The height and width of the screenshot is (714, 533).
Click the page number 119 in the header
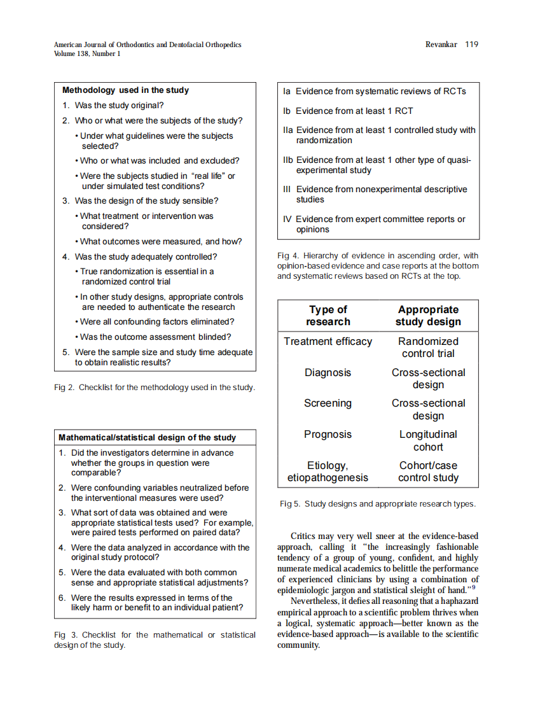pyautogui.click(x=471, y=45)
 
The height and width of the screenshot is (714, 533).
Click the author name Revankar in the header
pyautogui.click(x=441, y=45)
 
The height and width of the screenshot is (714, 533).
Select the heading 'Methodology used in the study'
pyautogui.click(x=125, y=90)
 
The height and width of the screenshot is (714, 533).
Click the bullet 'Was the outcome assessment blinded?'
pyautogui.click(x=155, y=337)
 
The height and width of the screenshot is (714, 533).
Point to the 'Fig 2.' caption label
pyautogui.click(x=64, y=387)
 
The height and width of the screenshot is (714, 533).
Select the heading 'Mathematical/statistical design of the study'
pyautogui.click(x=147, y=438)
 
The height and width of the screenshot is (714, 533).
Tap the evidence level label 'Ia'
pyautogui.click(x=287, y=92)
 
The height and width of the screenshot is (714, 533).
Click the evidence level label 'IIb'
pyautogui.click(x=289, y=160)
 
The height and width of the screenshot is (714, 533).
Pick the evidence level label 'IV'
pyautogui.click(x=287, y=220)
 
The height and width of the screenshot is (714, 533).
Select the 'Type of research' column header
pyautogui.click(x=328, y=316)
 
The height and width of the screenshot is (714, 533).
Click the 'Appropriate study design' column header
pyautogui.click(x=428, y=316)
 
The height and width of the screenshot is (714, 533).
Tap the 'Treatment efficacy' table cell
pyautogui.click(x=328, y=342)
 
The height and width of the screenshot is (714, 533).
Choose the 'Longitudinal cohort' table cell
pyautogui.click(x=428, y=440)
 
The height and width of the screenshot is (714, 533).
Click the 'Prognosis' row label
pyautogui.click(x=328, y=435)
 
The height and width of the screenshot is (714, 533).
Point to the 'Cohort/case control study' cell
pyautogui.click(x=428, y=472)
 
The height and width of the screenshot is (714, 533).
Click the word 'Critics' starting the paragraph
pyautogui.click(x=303, y=536)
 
